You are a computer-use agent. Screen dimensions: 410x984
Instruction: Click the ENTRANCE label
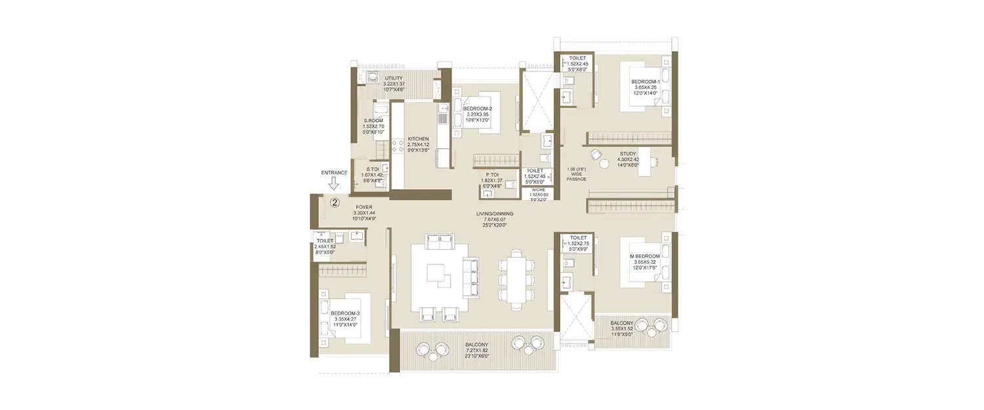pyautogui.click(x=334, y=173)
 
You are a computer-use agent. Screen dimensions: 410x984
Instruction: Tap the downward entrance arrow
pyautogui.click(x=334, y=184)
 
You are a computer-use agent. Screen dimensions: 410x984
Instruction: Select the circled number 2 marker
pyautogui.click(x=334, y=203)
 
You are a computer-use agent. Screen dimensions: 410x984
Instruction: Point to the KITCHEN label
pyautogui.click(x=419, y=139)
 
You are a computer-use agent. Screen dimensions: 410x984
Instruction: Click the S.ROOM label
pyautogui.click(x=373, y=121)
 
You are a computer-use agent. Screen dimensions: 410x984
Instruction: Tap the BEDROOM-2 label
pyautogui.click(x=477, y=109)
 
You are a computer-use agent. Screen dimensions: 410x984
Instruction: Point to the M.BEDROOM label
pyautogui.click(x=645, y=256)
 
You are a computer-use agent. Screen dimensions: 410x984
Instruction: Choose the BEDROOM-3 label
pyautogui.click(x=345, y=314)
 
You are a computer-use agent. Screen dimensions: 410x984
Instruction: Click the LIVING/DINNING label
pyautogui.click(x=495, y=214)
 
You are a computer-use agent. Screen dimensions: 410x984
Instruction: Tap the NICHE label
pyautogui.click(x=539, y=190)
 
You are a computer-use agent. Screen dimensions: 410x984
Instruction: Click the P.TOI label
pyautogui.click(x=491, y=174)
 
